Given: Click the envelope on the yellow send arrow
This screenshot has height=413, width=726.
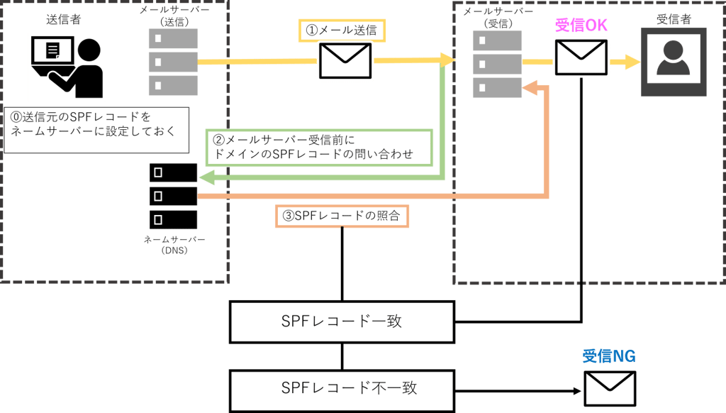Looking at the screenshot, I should click(x=345, y=60).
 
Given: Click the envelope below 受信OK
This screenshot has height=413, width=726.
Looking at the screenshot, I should click(x=581, y=57).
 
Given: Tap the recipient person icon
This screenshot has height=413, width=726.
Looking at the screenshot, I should click(x=673, y=62).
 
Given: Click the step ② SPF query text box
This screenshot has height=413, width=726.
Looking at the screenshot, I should click(x=317, y=147).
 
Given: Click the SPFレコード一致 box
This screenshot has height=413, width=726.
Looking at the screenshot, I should click(x=342, y=321).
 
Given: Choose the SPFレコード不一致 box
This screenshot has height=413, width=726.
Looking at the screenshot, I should click(x=342, y=387).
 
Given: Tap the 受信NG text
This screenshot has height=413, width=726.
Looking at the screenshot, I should click(x=609, y=356).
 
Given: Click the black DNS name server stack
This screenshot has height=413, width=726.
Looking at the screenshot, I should click(x=174, y=195).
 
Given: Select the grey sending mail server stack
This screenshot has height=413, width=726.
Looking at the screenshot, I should click(x=173, y=62).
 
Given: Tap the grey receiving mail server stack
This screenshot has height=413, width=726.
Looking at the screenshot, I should click(x=497, y=64).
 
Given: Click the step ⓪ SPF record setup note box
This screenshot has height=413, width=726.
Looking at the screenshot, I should click(x=96, y=130).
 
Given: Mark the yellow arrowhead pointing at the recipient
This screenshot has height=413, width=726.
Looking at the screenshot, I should click(x=631, y=63).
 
